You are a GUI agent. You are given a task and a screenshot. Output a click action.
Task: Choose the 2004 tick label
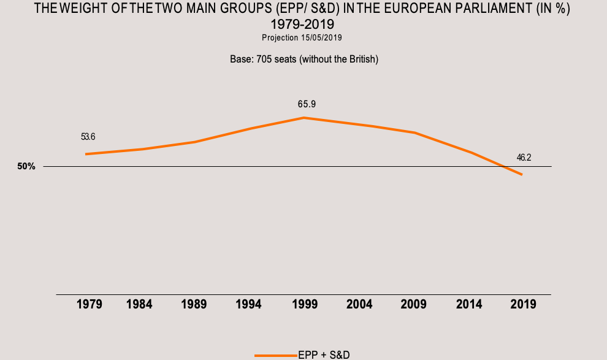click(359, 304)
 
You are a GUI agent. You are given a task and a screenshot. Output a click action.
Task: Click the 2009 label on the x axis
click(413, 304)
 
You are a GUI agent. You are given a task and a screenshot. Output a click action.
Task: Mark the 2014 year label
click(469, 304)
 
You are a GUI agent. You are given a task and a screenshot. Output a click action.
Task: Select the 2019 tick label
click(522, 304)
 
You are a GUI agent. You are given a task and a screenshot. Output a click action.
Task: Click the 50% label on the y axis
click(26, 167)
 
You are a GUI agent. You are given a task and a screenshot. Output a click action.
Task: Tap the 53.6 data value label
click(88, 136)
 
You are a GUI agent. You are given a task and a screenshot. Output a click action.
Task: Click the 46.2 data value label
click(524, 158)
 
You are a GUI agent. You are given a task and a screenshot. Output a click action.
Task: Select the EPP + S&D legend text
click(324, 354)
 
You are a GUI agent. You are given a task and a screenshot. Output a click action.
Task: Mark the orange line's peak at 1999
click(303, 117)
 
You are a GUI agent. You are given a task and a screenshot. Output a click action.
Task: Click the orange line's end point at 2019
click(522, 175)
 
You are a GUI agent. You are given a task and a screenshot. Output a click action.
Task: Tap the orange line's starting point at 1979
click(86, 154)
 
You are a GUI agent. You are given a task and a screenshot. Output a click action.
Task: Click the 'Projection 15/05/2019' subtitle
click(302, 38)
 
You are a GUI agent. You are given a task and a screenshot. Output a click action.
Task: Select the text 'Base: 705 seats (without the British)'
click(303, 59)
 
